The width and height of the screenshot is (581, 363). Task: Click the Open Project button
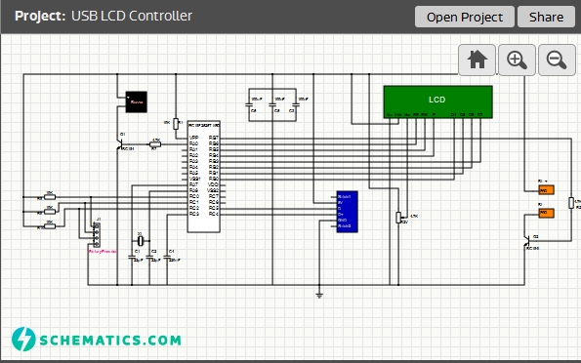click(x=465, y=17)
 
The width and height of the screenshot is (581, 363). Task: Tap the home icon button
click(x=477, y=60)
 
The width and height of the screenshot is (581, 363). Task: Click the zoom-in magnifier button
click(x=517, y=60)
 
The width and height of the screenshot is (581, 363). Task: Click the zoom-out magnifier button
click(x=556, y=60)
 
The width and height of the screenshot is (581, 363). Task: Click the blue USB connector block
click(x=347, y=212)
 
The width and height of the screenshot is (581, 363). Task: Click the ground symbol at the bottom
click(x=319, y=293)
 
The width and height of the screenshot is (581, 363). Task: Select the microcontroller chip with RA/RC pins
click(x=204, y=177)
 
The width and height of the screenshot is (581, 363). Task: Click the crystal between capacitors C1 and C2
click(x=140, y=240)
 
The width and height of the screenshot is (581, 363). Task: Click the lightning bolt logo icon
click(x=23, y=339)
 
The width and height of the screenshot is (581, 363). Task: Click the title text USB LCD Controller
click(x=132, y=17)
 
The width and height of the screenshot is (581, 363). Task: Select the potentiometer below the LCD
click(x=398, y=217)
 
